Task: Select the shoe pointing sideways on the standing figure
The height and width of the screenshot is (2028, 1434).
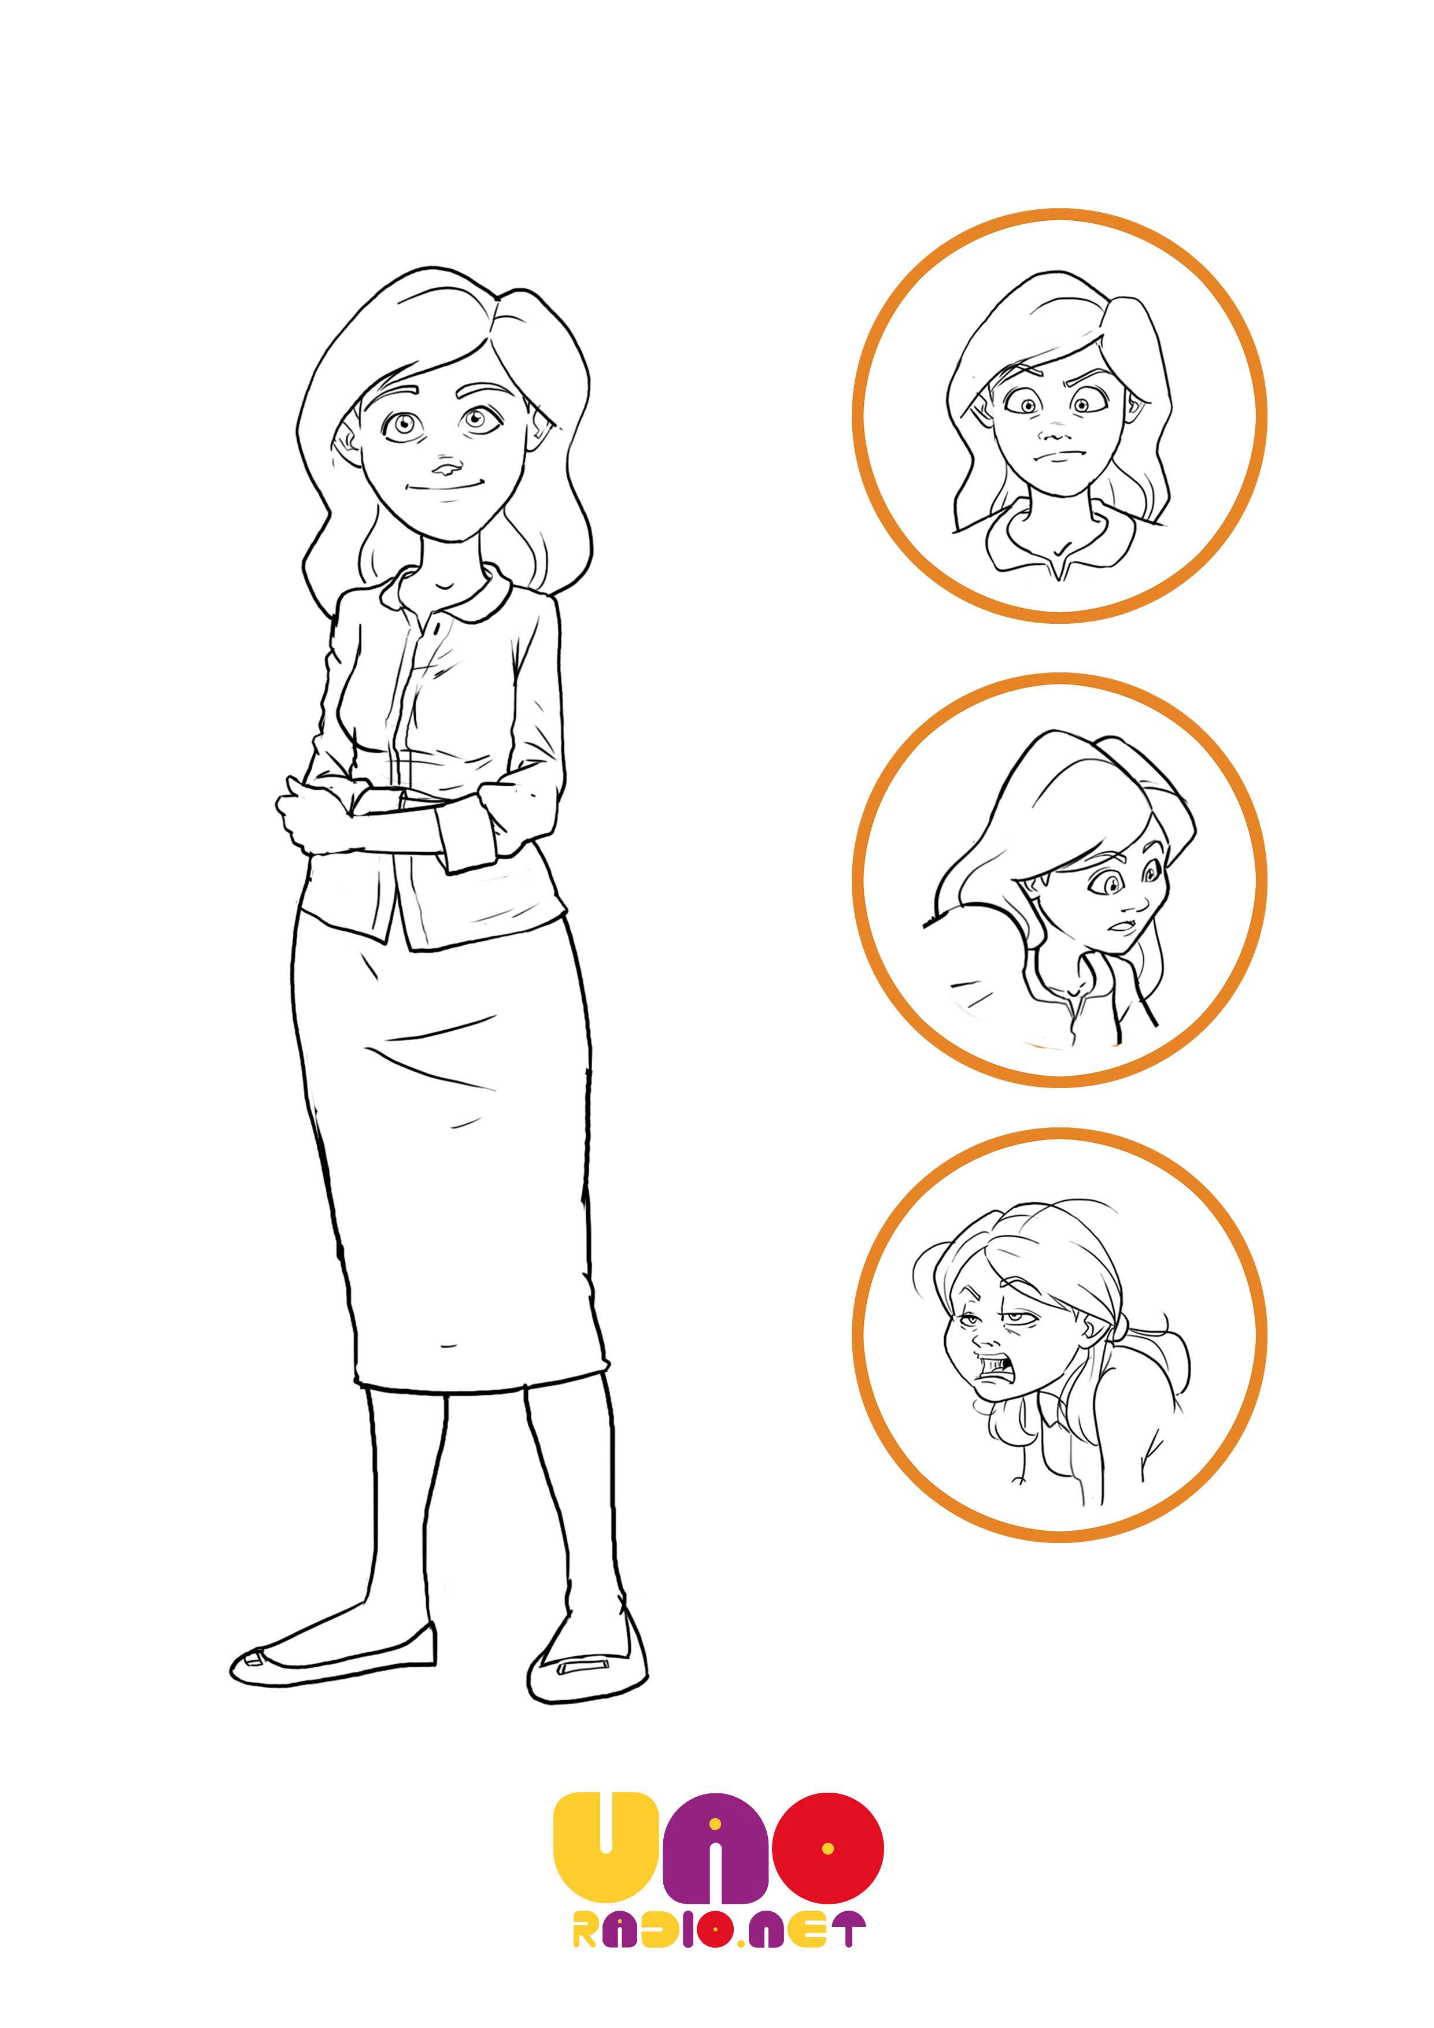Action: (333, 1656)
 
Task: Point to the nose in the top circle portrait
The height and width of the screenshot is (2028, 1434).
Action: (1051, 434)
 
